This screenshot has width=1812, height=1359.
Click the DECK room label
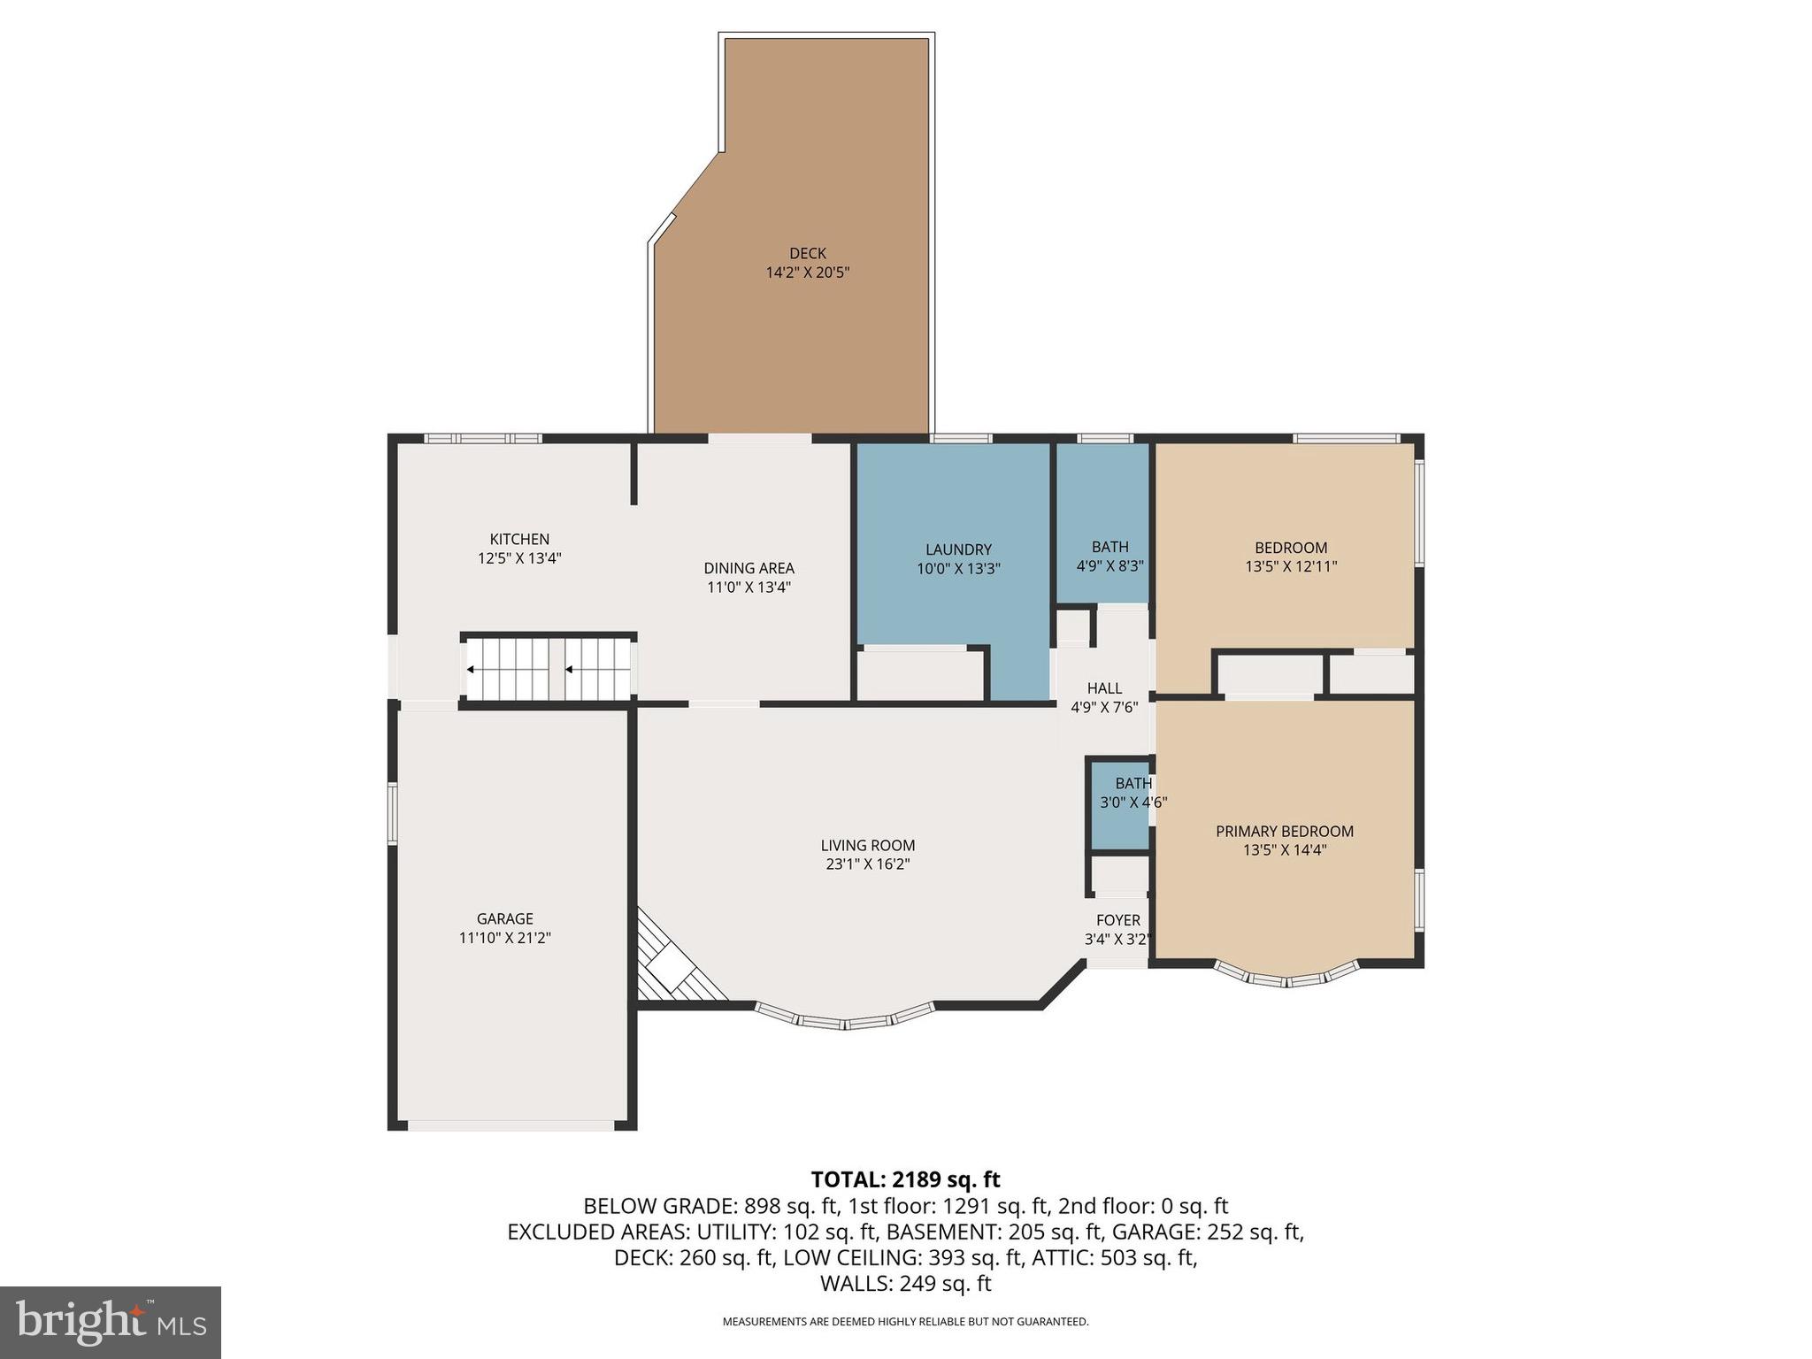(x=807, y=254)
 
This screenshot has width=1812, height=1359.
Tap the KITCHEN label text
(x=519, y=539)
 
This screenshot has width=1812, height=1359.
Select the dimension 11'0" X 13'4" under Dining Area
(x=749, y=587)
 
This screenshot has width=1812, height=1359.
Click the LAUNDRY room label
(x=958, y=549)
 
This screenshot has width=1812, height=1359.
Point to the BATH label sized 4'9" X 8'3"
(x=1109, y=547)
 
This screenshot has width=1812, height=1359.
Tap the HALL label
(x=1104, y=688)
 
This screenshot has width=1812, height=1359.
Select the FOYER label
(x=1117, y=920)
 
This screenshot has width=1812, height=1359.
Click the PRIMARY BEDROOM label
(x=1284, y=831)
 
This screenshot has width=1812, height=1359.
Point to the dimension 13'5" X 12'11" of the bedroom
(x=1291, y=567)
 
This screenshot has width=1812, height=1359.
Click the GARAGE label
(x=504, y=918)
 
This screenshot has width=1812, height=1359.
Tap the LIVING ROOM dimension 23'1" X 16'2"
(x=867, y=864)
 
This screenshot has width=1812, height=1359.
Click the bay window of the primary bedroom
(x=1286, y=977)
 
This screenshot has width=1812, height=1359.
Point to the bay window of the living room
(x=845, y=1018)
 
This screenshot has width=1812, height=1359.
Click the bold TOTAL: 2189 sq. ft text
(x=905, y=1179)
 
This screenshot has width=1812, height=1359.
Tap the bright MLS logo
(x=111, y=1323)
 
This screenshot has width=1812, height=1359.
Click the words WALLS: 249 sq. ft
(x=905, y=1283)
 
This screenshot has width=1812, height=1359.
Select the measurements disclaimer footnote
(x=905, y=1322)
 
